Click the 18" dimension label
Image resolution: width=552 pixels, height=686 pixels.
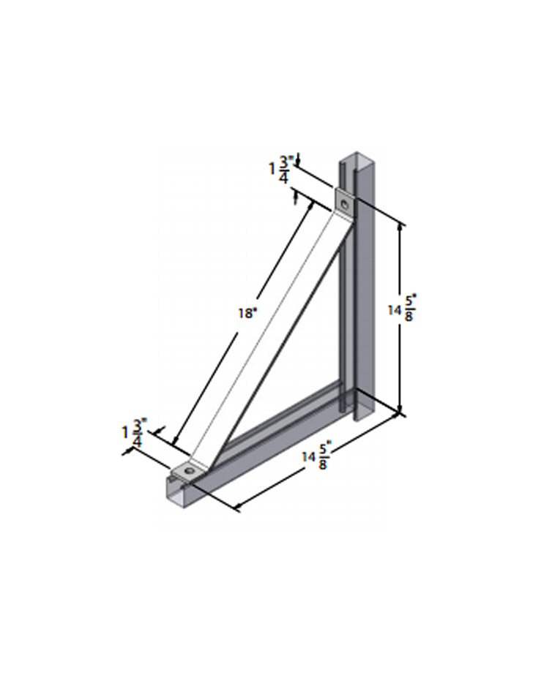coord(247,313)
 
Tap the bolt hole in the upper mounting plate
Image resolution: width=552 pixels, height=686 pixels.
coord(346,203)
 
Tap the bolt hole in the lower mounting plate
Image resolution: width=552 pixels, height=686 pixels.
coord(190,471)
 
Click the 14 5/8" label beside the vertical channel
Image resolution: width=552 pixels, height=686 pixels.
coord(402,308)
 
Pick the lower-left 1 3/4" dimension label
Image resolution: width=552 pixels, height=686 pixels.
coord(135,432)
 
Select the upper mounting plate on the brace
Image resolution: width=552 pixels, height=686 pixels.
coord(346,204)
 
